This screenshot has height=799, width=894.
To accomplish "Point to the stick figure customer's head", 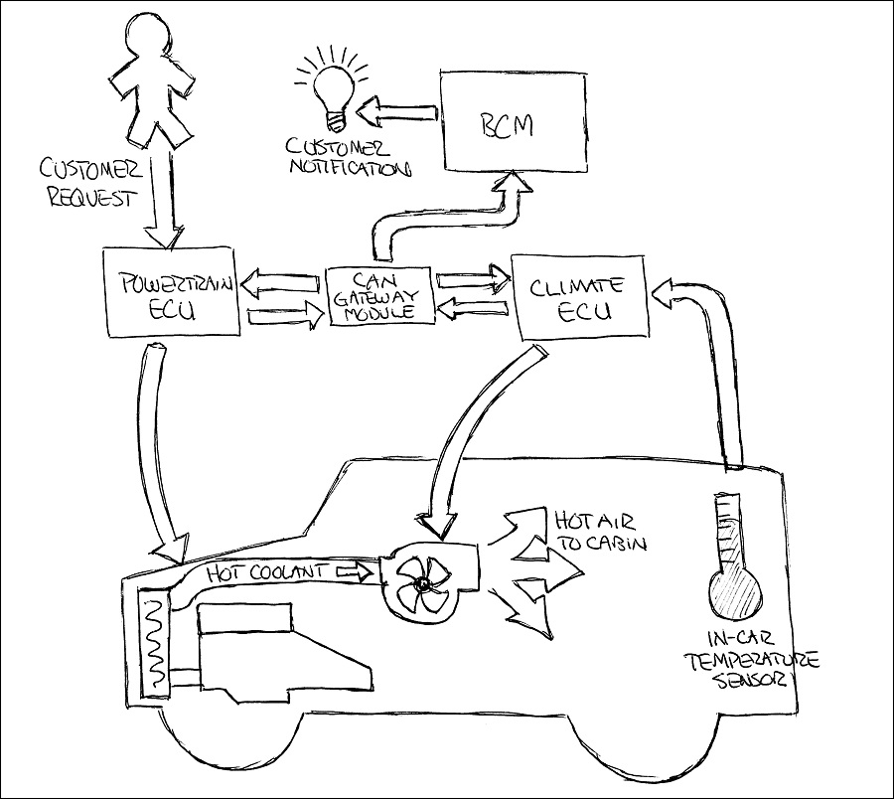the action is tap(152, 33).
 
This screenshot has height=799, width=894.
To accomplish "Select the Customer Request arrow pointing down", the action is tap(164, 194).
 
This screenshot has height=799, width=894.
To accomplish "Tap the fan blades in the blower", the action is tap(421, 584).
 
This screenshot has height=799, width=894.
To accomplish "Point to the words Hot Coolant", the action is tap(268, 571).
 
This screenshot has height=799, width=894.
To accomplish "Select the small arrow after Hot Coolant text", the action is tap(355, 572).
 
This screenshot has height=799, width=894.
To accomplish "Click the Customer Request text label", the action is tap(91, 183).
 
